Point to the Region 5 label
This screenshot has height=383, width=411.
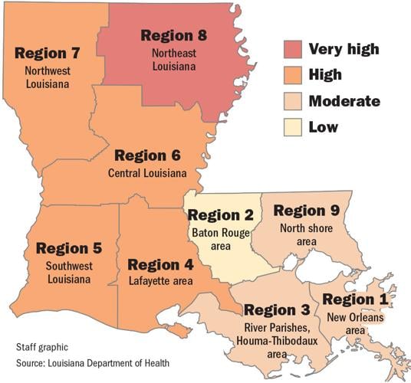point(67,249)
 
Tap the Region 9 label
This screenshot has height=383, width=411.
point(307,211)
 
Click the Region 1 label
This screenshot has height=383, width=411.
point(357,299)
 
